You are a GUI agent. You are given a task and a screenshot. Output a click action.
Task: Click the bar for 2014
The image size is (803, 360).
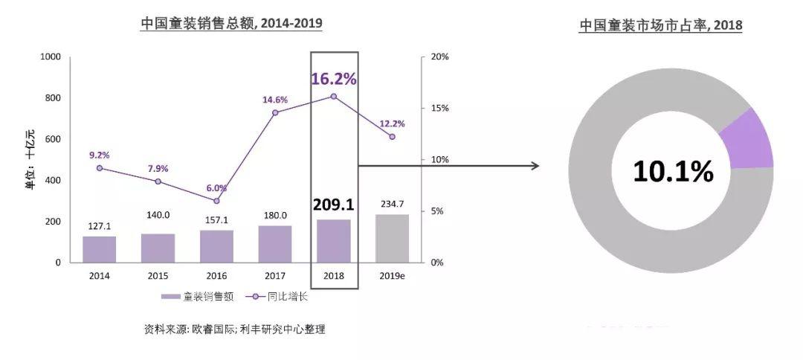pos(99,249)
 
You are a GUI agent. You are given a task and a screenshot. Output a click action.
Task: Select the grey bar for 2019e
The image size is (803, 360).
pos(392,238)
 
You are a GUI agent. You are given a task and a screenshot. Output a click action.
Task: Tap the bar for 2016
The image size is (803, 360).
pos(216,246)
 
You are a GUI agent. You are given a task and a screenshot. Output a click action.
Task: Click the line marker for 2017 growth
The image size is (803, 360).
pos(275,112)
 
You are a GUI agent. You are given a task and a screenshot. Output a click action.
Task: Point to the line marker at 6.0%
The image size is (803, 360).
pos(216,201)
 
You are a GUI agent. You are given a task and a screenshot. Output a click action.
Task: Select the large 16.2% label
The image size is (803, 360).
pos(333,78)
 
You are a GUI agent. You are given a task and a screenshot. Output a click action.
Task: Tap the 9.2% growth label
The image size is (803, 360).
pos(99,155)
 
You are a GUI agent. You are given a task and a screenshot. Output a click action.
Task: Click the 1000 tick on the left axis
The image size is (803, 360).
pos(50,57)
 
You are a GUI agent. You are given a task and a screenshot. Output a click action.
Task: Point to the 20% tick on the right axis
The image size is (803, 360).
pos(439,57)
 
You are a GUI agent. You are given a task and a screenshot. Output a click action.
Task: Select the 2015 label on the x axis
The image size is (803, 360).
pos(158,275)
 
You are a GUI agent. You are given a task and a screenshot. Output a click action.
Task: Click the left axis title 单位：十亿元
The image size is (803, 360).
pos(30,160)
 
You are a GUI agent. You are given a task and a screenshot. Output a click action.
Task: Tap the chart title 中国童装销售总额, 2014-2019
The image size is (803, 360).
pos(231,23)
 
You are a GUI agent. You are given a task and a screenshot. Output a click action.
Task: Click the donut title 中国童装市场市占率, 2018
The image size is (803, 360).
pos(661,25)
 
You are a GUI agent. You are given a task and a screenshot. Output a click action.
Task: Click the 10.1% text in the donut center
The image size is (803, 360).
pos(673,172)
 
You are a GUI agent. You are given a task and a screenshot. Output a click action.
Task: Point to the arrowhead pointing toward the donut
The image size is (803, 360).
pos(535,165)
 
